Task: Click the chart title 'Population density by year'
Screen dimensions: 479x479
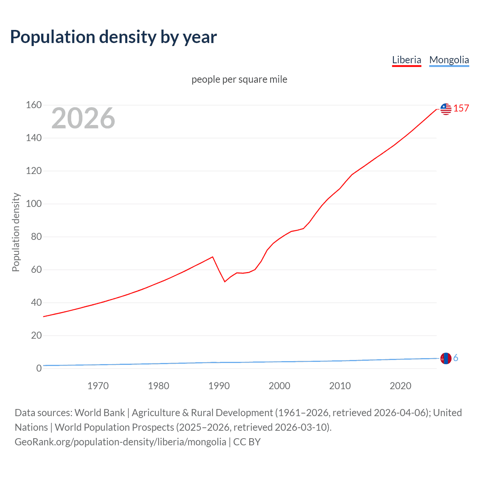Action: click(113, 37)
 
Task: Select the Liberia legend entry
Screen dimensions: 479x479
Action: click(406, 60)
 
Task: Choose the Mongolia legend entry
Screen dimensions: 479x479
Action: click(449, 60)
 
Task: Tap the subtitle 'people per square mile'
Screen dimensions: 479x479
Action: click(239, 80)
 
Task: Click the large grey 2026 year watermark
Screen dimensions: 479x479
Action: click(83, 118)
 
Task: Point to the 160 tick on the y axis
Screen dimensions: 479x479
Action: click(34, 105)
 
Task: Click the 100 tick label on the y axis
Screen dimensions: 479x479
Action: click(34, 204)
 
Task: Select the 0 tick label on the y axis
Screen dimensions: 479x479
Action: click(39, 369)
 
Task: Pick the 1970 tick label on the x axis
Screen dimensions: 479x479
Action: click(98, 386)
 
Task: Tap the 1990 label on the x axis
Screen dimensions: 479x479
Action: click(219, 386)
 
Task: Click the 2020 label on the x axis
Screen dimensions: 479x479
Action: click(400, 386)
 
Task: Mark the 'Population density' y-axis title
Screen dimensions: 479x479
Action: click(16, 232)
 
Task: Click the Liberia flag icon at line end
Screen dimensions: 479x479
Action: click(446, 109)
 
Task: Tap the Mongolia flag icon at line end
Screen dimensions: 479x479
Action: click(446, 359)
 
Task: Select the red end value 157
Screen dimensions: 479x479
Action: click(461, 109)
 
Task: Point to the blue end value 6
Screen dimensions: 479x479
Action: click(456, 358)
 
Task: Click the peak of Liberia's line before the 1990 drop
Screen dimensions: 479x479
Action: click(213, 257)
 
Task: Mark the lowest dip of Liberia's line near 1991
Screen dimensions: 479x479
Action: click(225, 281)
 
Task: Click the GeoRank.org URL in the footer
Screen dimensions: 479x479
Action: click(120, 442)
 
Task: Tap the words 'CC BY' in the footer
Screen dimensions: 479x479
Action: click(247, 442)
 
